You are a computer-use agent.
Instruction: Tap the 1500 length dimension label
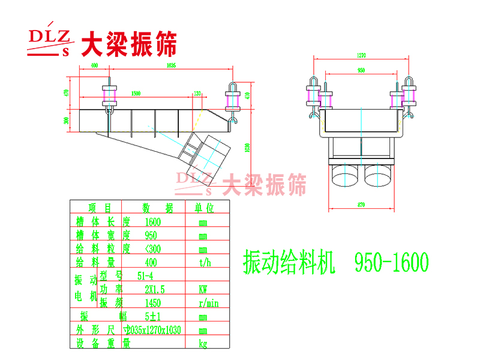136,94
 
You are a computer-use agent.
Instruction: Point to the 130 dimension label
197,94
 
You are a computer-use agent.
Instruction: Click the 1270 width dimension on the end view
361,56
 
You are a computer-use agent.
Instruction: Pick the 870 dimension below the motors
361,205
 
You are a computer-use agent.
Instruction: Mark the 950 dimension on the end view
361,70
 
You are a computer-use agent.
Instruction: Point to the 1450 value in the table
154,302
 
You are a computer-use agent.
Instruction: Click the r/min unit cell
208,303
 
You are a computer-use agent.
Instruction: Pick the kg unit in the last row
203,344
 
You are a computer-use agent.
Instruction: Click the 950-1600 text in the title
391,262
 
